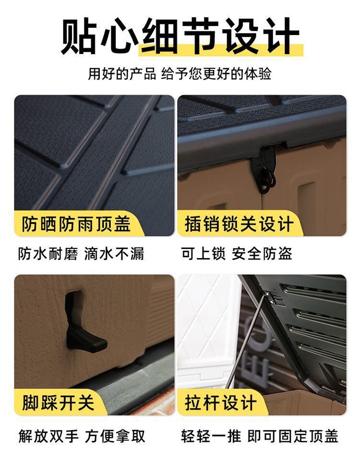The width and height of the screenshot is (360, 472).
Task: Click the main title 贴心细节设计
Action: tap(180, 36)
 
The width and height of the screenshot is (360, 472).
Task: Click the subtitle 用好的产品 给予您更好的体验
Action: tap(180, 74)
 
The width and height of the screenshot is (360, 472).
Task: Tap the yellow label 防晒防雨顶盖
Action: tap(76, 224)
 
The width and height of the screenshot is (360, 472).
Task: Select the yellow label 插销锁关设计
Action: tap(239, 224)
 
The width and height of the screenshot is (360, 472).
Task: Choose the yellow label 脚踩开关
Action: tap(58, 402)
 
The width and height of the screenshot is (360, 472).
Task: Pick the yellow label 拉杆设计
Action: tap(220, 402)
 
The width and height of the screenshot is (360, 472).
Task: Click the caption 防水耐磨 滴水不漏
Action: tap(81, 254)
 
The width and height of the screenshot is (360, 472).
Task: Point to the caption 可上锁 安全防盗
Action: tap(237, 254)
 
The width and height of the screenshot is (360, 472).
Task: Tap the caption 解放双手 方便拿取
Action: tap(82, 436)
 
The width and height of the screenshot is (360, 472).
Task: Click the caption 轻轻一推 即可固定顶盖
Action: tap(260, 436)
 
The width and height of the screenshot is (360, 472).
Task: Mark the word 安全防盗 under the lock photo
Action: tap(262, 254)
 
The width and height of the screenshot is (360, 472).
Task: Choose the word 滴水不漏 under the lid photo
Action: tap(114, 254)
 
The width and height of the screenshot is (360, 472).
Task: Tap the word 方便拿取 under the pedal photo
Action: tap(115, 436)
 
